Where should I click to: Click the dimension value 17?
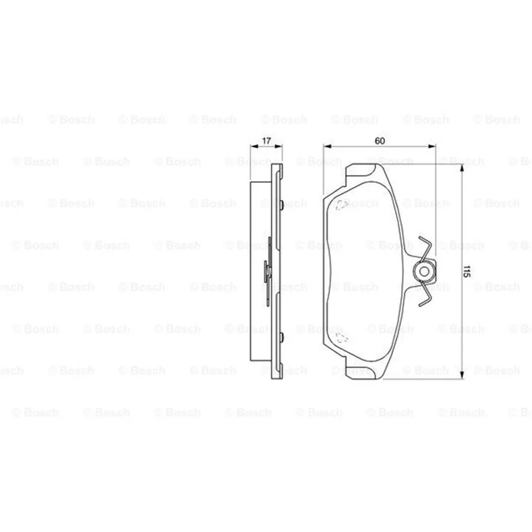pyautogui.click(x=267, y=140)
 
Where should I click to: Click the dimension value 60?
pyautogui.click(x=380, y=140)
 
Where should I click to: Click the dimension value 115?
pyautogui.click(x=466, y=271)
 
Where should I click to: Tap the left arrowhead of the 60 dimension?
pyautogui.click(x=327, y=146)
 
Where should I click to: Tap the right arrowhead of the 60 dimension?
pyautogui.click(x=432, y=146)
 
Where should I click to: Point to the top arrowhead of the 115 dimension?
pyautogui.click(x=462, y=168)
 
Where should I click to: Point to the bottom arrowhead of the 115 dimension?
pyautogui.click(x=462, y=374)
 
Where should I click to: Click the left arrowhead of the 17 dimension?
pyautogui.click(x=254, y=146)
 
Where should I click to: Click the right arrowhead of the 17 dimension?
pyautogui.click(x=278, y=146)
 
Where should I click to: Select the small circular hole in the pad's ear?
pyautogui.click(x=424, y=271)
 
